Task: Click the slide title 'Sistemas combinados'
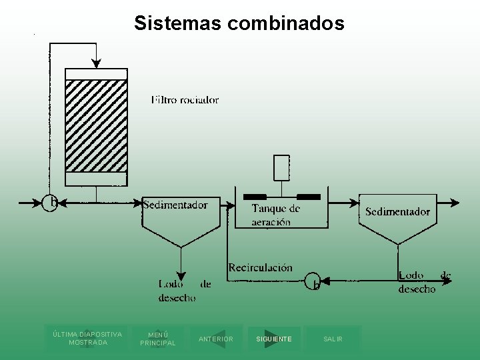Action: tap(239, 23)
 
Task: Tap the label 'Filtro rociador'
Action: tap(185, 100)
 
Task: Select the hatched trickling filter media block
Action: tap(96, 125)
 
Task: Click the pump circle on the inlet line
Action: tap(49, 202)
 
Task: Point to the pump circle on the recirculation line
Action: tap(313, 281)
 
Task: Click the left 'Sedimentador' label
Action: tap(175, 205)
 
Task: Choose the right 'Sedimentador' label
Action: tap(397, 211)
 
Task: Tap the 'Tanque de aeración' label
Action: tap(275, 215)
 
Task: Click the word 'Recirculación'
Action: tap(260, 267)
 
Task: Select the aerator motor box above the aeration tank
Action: tap(281, 167)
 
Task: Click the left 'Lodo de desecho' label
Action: tap(184, 291)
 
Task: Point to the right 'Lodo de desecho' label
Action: tap(425, 282)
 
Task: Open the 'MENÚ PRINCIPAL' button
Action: tap(158, 339)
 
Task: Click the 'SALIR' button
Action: tap(333, 339)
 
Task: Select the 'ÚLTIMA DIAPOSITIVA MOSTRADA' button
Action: tap(87, 338)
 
